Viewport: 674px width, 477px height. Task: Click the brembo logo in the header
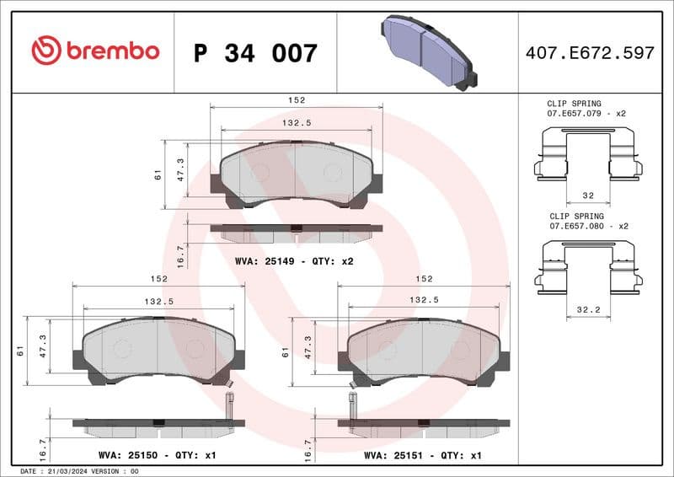point(94,51)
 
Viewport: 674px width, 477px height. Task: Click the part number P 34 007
point(255,53)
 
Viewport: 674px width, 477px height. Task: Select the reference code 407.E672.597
point(589,53)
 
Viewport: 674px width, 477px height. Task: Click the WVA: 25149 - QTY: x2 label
point(294,261)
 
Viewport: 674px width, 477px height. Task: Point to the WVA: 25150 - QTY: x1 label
point(158,455)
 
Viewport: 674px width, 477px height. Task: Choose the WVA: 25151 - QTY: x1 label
point(422,455)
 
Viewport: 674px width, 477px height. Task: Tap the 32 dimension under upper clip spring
point(588,195)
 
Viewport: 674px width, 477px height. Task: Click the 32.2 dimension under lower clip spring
point(588,309)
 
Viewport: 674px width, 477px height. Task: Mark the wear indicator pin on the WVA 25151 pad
point(351,404)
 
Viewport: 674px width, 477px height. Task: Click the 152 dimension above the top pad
point(296,100)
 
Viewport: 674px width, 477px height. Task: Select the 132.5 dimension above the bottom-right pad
point(423,300)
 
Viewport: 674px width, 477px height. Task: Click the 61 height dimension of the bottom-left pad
point(19,351)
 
